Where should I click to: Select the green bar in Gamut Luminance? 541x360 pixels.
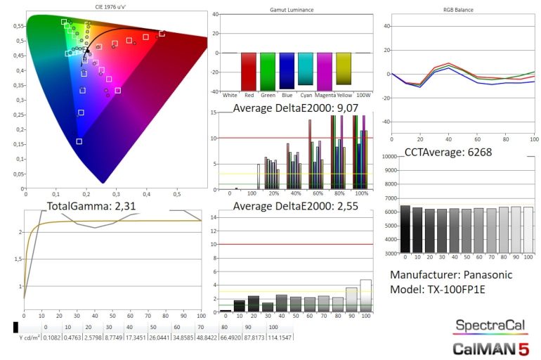[268, 71]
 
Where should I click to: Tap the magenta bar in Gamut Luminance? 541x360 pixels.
[325, 70]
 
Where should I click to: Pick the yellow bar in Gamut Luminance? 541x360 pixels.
[344, 68]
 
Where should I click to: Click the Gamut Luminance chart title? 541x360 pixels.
[292, 11]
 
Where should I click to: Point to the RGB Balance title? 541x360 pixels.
[459, 11]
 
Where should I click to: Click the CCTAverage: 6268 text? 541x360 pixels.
[448, 152]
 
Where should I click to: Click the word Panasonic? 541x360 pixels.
[481, 274]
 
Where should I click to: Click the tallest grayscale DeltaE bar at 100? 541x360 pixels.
[365, 295]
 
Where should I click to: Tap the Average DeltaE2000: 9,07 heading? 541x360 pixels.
[296, 108]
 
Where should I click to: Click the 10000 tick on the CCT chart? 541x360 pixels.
[389, 157]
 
